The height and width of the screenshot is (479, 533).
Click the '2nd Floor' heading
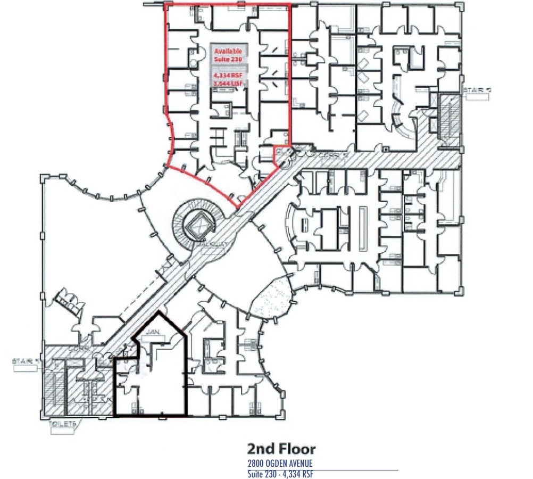click(281, 449)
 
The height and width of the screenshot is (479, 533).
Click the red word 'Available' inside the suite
click(228, 51)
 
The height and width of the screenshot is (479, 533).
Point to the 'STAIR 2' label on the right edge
click(477, 89)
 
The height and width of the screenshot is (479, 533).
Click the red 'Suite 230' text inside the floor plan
click(228, 60)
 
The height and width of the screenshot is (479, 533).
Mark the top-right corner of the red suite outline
click(290, 5)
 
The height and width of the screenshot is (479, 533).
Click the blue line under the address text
click(322, 470)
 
